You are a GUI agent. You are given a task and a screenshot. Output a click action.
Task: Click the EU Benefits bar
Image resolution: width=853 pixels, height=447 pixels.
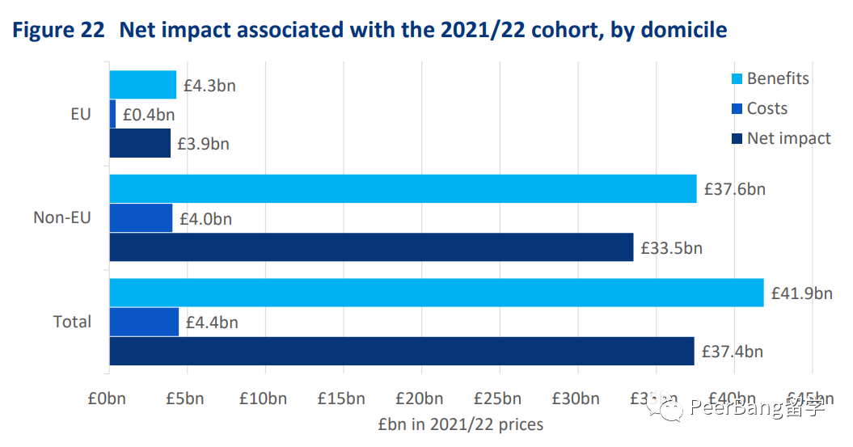click(142, 85)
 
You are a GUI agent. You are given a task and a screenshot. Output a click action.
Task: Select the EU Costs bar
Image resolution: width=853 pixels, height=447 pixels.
click(112, 114)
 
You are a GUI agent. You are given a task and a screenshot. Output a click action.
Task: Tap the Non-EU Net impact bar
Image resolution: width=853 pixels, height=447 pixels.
click(371, 247)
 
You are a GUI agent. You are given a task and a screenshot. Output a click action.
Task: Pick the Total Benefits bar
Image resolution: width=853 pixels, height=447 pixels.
click(436, 293)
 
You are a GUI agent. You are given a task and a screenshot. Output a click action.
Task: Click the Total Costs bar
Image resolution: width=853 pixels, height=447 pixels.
click(144, 322)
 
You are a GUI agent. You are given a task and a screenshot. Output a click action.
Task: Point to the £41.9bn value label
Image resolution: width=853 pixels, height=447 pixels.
click(800, 293)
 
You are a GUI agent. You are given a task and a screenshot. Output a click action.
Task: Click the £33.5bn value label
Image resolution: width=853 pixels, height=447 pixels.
click(671, 248)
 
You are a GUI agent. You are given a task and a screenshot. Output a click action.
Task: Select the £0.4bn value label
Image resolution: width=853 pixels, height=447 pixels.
click(148, 115)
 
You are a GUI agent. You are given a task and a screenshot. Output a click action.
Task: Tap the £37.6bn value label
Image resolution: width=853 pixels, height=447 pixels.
click(734, 190)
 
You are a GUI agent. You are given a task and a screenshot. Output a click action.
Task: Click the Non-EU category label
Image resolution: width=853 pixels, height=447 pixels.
click(62, 217)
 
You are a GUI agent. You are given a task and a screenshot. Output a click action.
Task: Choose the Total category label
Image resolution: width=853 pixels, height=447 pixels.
click(72, 322)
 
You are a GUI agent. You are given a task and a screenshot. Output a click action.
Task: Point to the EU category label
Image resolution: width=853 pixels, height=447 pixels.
click(81, 114)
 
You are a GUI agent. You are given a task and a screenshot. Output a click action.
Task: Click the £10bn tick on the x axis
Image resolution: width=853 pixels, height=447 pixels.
click(264, 399)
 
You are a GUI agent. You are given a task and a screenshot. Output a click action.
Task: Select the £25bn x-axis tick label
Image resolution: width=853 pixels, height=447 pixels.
click(498, 399)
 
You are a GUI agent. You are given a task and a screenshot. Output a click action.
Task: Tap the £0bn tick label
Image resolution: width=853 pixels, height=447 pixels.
click(107, 399)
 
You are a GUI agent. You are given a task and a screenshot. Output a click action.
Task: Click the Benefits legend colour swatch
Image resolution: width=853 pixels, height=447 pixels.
click(736, 79)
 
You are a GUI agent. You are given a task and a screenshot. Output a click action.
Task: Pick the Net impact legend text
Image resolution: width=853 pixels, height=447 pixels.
click(788, 138)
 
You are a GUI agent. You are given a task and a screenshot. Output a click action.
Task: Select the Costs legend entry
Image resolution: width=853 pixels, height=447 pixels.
click(766, 108)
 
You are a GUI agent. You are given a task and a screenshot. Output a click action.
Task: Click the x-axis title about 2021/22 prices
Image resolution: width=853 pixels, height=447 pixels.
click(460, 424)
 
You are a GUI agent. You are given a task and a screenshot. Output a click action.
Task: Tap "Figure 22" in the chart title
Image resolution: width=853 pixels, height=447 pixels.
click(59, 31)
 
